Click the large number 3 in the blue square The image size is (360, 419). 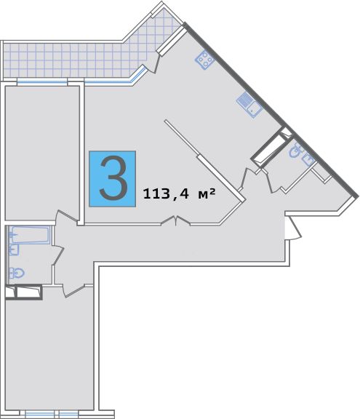(113, 178)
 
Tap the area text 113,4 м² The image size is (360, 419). (179, 193)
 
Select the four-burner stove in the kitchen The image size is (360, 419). (205, 60)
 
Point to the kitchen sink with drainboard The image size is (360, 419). (249, 105)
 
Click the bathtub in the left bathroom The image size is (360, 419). (29, 235)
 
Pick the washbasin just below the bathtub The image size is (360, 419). (14, 250)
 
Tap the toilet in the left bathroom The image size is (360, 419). (17, 273)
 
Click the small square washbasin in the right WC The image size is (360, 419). (308, 160)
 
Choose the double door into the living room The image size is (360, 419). (175, 220)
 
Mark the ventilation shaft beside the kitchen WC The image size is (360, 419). (271, 148)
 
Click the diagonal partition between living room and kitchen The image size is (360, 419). (205, 160)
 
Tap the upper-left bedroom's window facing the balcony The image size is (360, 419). (42, 83)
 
